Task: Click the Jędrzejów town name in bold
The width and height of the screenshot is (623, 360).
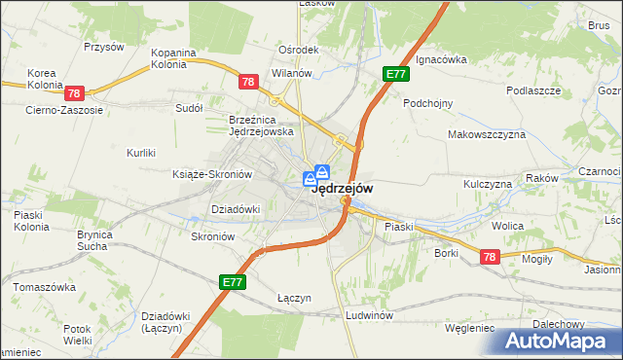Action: pyautogui.click(x=340, y=190)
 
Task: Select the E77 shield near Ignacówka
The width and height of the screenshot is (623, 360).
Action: pyautogui.click(x=395, y=74)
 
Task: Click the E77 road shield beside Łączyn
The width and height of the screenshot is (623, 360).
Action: pyautogui.click(x=232, y=282)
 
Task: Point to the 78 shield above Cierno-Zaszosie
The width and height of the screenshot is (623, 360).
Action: pyautogui.click(x=75, y=93)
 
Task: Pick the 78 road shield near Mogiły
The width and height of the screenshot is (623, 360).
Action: pyautogui.click(x=489, y=256)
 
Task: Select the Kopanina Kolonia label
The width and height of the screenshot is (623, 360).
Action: pyautogui.click(x=174, y=58)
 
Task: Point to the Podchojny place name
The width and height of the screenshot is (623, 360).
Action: pyautogui.click(x=429, y=101)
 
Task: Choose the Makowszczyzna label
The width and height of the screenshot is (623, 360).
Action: pyautogui.click(x=486, y=134)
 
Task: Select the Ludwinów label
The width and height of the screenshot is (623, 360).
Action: pyautogui.click(x=368, y=316)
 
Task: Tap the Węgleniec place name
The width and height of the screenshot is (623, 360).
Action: pyautogui.click(x=469, y=328)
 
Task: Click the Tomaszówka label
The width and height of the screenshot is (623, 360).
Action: pyautogui.click(x=44, y=287)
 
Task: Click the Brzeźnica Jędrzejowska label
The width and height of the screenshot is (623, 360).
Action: pyautogui.click(x=261, y=125)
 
